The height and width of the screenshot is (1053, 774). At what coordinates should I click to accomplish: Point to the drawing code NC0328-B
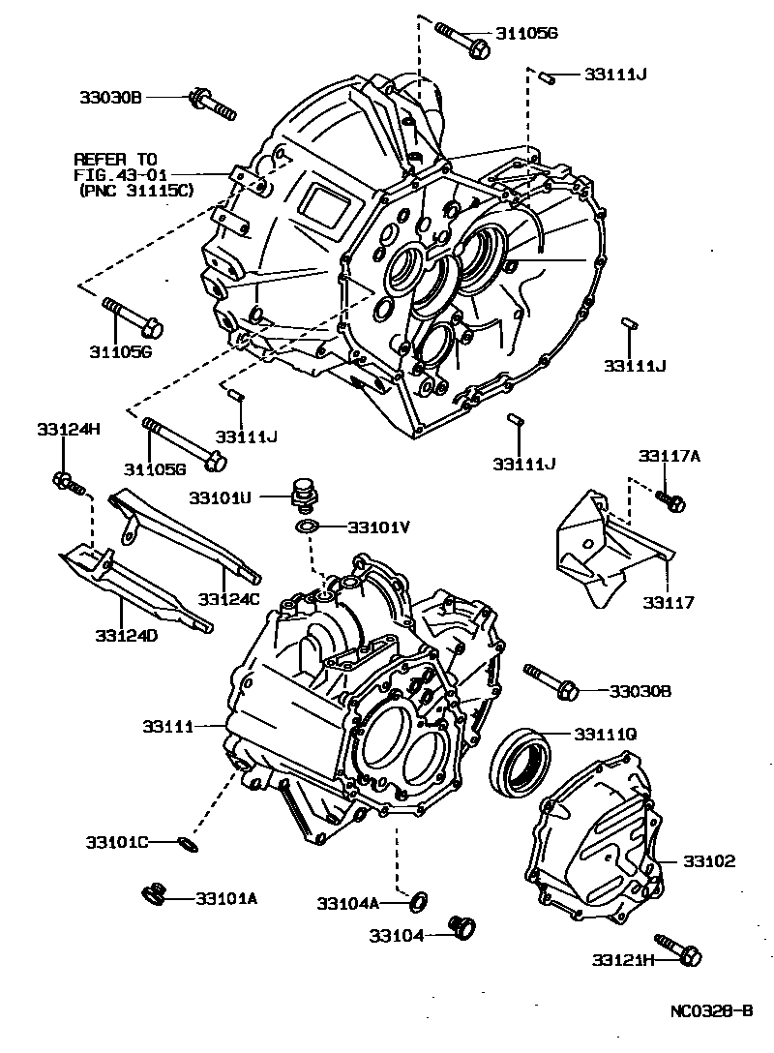click(711, 1011)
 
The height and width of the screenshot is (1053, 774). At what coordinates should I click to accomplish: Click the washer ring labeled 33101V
click(309, 526)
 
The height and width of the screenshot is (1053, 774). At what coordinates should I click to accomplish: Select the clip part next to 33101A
click(155, 894)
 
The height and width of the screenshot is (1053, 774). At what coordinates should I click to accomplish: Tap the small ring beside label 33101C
click(190, 846)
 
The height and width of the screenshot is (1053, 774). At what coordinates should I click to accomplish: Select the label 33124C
click(230, 599)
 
